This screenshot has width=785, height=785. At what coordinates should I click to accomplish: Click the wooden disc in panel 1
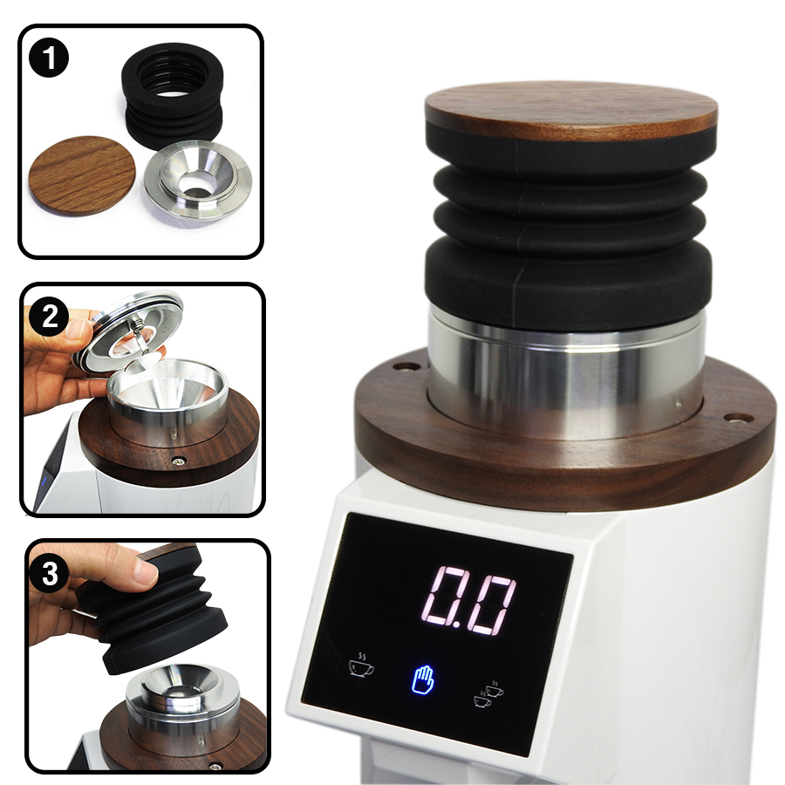pyautogui.click(x=82, y=174)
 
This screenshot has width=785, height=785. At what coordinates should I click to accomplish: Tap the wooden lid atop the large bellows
pyautogui.click(x=571, y=112)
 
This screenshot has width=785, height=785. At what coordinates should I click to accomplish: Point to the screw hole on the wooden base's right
pyautogui.click(x=738, y=419)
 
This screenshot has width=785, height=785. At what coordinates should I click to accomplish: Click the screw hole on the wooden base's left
pyautogui.click(x=405, y=366)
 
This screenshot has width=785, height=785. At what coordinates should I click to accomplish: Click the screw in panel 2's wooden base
pyautogui.click(x=180, y=460)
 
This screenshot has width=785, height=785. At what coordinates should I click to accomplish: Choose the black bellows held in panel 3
pyautogui.click(x=157, y=615)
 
